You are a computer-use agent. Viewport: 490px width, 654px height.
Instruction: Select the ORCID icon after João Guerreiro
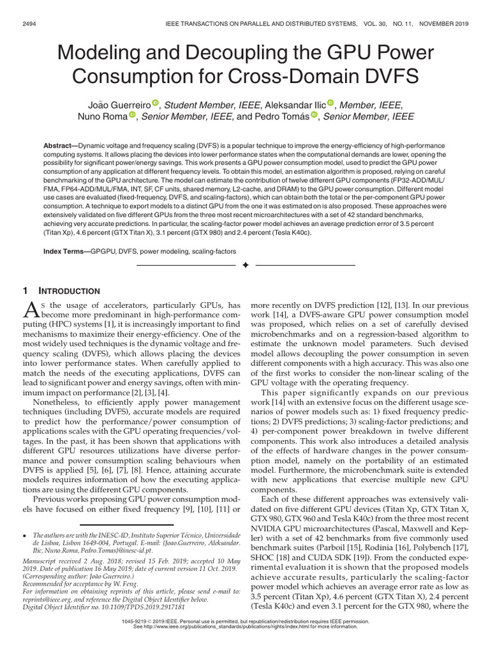[x=155, y=103]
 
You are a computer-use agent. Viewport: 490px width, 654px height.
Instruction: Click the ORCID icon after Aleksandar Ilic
[x=330, y=103]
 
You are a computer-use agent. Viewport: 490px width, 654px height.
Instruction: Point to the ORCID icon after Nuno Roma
[x=133, y=115]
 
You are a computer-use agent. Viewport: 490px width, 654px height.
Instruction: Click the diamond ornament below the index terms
[x=244, y=264]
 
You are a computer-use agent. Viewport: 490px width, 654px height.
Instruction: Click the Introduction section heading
[x=70, y=291]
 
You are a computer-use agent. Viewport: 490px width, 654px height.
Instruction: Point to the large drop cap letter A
[x=31, y=310]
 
